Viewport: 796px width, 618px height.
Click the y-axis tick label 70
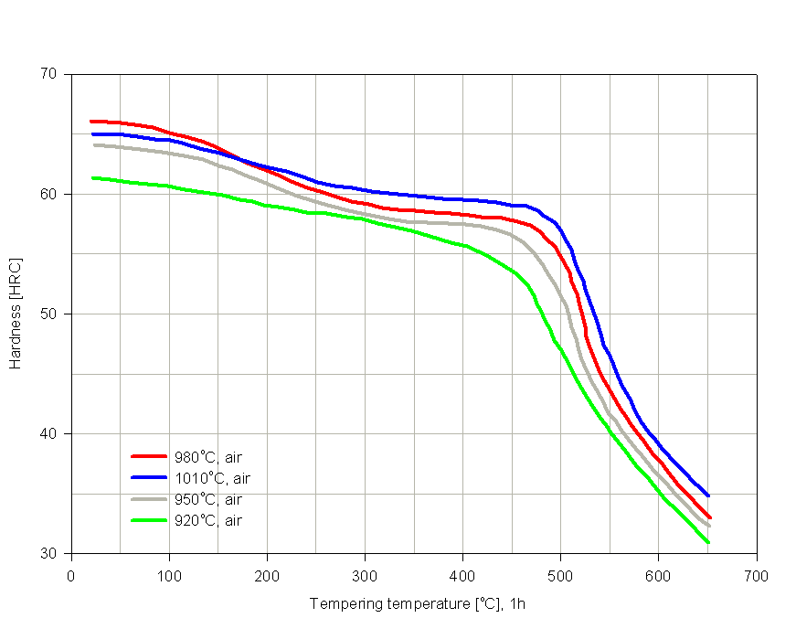pyautogui.click(x=51, y=74)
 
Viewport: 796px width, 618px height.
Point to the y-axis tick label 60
pyautogui.click(x=51, y=194)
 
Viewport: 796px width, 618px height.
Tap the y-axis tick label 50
pyautogui.click(x=51, y=314)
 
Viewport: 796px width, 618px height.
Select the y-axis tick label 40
pyautogui.click(x=51, y=433)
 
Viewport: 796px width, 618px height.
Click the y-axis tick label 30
pyautogui.click(x=51, y=554)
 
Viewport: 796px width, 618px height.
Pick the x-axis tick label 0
pyautogui.click(x=71, y=576)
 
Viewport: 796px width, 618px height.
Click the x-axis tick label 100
pyautogui.click(x=169, y=576)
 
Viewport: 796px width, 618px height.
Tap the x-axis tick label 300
pyautogui.click(x=365, y=576)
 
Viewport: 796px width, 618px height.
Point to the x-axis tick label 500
pyautogui.click(x=560, y=576)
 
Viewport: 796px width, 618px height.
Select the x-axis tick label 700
pyautogui.click(x=756, y=576)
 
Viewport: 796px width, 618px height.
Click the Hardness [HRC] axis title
pyautogui.click(x=16, y=314)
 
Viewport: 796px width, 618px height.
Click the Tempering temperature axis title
pyautogui.click(x=417, y=603)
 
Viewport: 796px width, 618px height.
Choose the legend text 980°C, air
pyautogui.click(x=207, y=457)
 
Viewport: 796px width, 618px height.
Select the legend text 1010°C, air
pyautogui.click(x=211, y=478)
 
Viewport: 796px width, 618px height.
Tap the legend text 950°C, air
pyautogui.click(x=207, y=499)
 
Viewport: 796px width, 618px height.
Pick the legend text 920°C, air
pyautogui.click(x=207, y=520)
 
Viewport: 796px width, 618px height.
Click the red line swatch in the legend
pyautogui.click(x=150, y=456)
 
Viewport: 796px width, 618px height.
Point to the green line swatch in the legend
pyautogui.click(x=150, y=520)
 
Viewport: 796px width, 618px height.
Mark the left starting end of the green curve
pyautogui.click(x=92, y=177)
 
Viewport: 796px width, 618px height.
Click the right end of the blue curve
pyautogui.click(x=707, y=495)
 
